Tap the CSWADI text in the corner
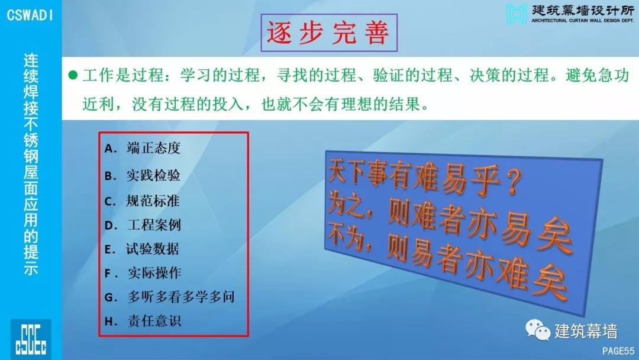(x=30, y=15)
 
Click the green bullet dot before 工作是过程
(x=73, y=75)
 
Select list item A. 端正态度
(x=142, y=148)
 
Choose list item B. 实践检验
(x=142, y=175)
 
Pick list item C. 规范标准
(x=142, y=201)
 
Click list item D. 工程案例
(x=143, y=224)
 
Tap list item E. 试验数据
(x=142, y=249)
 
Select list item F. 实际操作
(x=143, y=273)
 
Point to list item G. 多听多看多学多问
(x=170, y=297)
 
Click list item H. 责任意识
(x=143, y=321)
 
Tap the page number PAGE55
(x=618, y=351)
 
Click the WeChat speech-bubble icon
(x=538, y=329)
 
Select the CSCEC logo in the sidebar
(x=31, y=339)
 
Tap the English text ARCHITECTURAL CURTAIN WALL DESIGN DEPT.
(x=583, y=20)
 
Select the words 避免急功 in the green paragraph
(x=597, y=75)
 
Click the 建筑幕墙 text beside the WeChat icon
(x=586, y=331)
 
